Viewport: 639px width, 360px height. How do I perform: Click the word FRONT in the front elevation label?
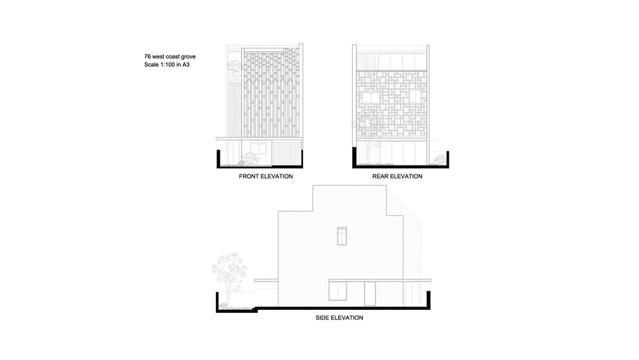[249, 177]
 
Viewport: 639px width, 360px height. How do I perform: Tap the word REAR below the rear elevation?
[380, 177]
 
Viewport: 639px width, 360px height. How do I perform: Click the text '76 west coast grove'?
[170, 57]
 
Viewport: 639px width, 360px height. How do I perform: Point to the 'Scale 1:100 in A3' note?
[167, 65]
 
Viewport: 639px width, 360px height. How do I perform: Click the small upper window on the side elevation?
[342, 236]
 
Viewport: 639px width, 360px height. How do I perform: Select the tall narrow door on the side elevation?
[370, 293]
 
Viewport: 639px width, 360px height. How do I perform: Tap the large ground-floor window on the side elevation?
[338, 291]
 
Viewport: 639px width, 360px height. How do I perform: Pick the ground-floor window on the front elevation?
[258, 147]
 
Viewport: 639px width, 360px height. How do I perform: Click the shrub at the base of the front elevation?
[249, 159]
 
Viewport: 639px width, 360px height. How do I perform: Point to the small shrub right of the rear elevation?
[439, 160]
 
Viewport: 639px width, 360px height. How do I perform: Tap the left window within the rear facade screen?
[370, 98]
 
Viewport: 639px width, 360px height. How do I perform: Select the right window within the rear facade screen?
[415, 96]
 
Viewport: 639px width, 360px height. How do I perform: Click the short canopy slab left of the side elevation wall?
[266, 281]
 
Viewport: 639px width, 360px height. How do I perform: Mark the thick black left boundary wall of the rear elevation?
[354, 157]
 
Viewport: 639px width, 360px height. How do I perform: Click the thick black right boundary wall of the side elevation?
[429, 300]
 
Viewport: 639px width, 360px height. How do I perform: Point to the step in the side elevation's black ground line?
[257, 309]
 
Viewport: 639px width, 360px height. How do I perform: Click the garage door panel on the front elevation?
[286, 153]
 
